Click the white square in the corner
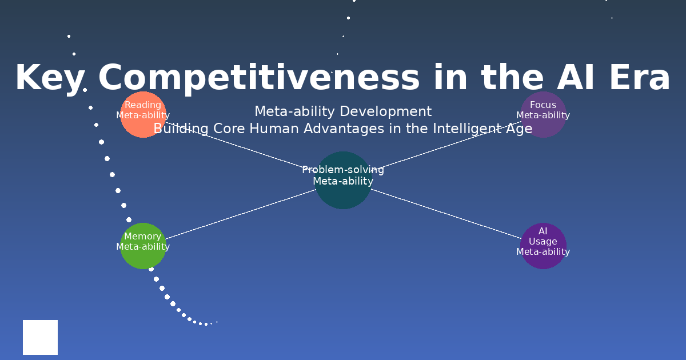coord(40,337)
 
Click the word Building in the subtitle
coord(181,129)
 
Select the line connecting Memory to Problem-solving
coord(240,214)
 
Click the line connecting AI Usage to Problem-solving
coord(446,214)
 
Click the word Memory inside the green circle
coord(143,237)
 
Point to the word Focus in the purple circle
coord(543,105)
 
